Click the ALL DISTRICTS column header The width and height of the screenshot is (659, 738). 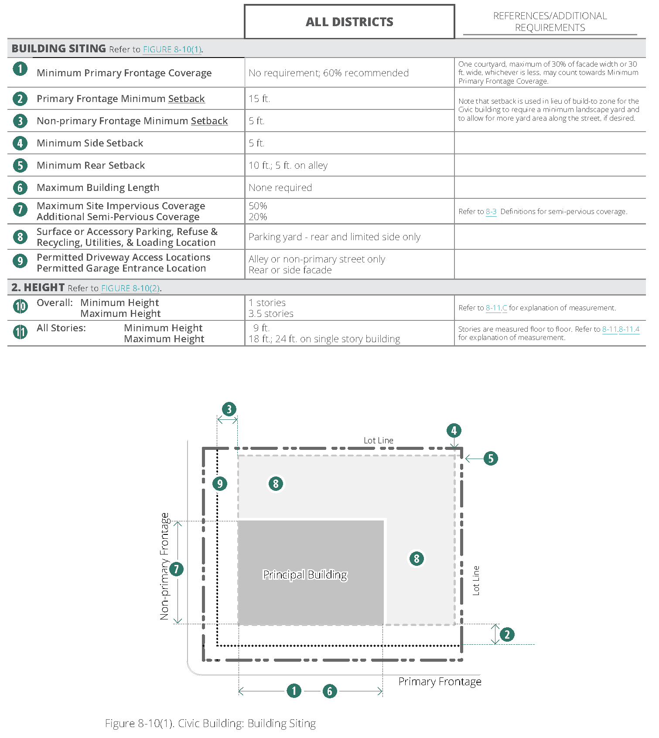click(349, 22)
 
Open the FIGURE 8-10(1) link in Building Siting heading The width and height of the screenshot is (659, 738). click(172, 49)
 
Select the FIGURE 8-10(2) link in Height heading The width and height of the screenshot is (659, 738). click(131, 288)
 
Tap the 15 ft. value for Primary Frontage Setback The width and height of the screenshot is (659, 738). click(260, 99)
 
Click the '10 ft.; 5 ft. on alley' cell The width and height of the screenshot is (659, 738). click(288, 165)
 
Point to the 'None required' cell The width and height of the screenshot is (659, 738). click(280, 187)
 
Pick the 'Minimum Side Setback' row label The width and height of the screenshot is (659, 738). click(90, 143)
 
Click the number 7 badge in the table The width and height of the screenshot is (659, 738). click(20, 210)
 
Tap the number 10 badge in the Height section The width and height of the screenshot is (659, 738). click(20, 306)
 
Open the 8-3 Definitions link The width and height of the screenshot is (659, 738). click(491, 211)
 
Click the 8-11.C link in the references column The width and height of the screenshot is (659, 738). click(496, 308)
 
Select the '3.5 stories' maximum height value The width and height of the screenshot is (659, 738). click(271, 313)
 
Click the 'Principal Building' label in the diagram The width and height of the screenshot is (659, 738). click(305, 575)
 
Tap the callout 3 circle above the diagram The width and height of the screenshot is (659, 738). click(229, 409)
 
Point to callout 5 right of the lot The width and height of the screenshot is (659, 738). click(491, 458)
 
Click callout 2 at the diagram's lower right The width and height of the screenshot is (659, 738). click(507, 634)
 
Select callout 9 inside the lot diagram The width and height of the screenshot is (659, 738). click(220, 483)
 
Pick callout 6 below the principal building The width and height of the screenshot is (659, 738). click(330, 690)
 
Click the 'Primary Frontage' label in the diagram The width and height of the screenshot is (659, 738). click(440, 681)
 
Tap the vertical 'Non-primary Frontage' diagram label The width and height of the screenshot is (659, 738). click(164, 566)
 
